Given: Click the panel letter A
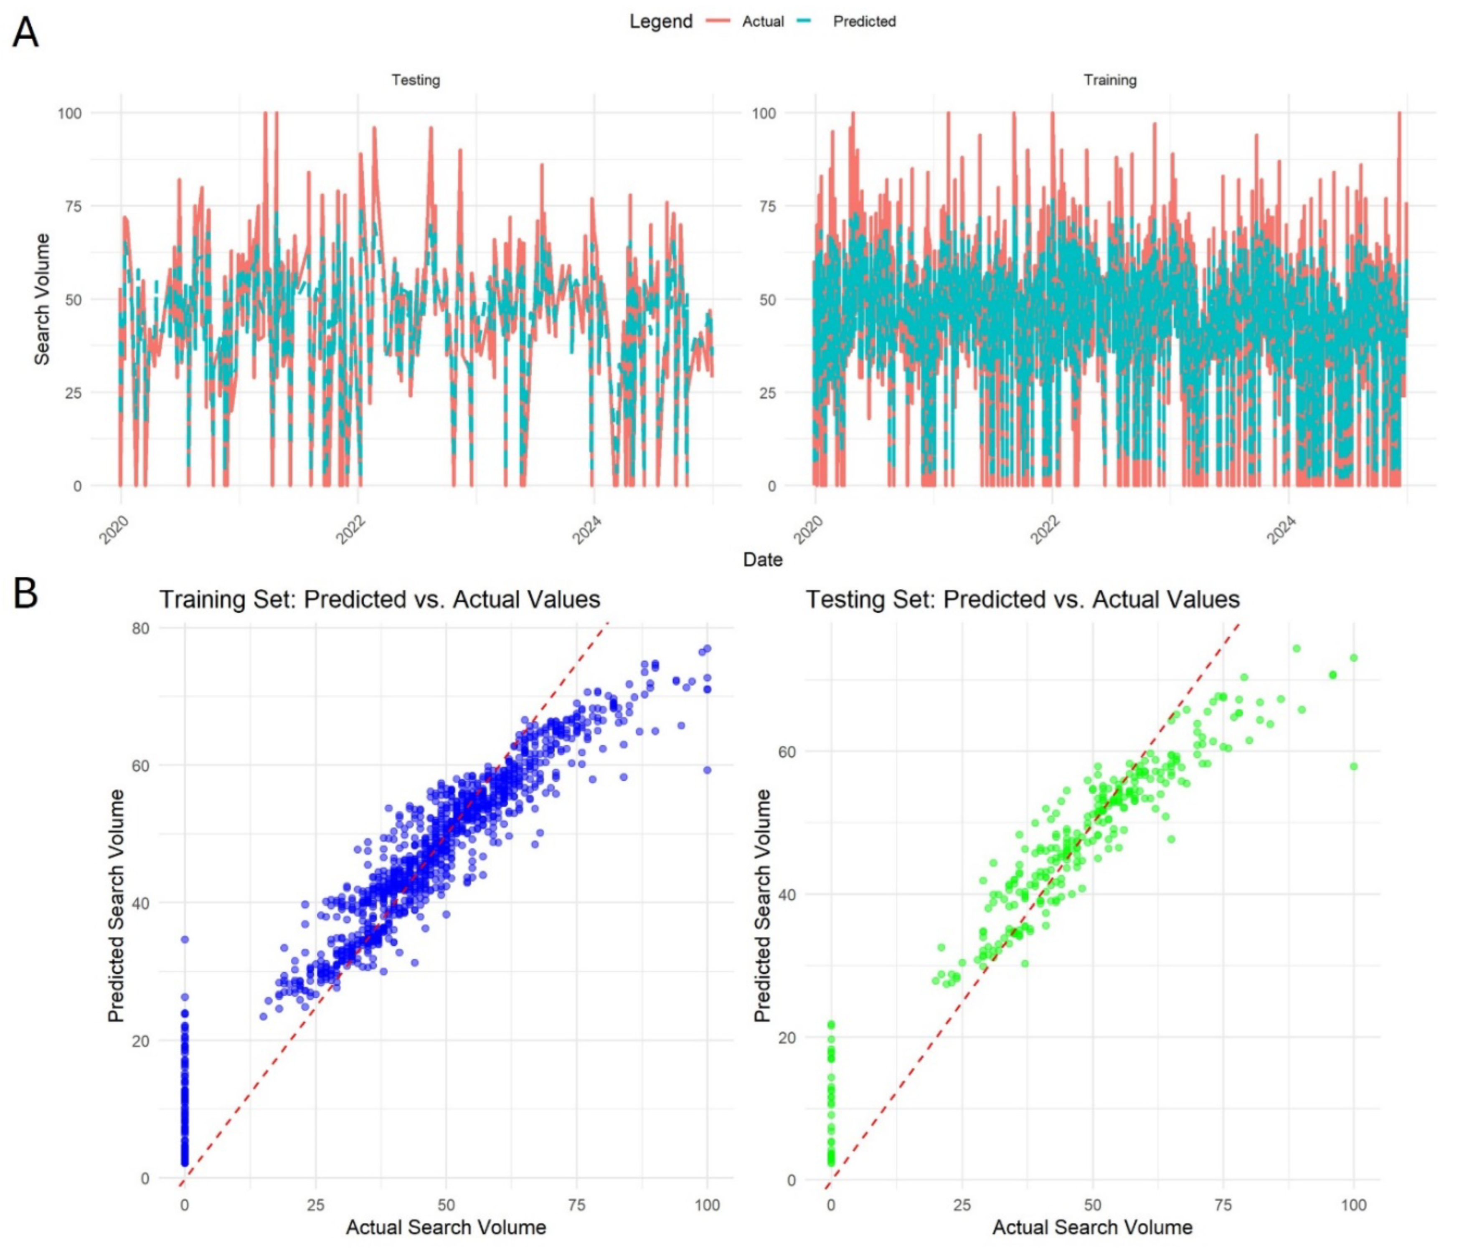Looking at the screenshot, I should coord(25,33).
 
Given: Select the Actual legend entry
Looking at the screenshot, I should coord(762,22).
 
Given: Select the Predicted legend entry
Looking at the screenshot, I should coord(864,22).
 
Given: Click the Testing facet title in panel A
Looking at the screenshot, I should coord(416,80).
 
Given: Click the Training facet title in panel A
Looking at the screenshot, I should coord(1110,80).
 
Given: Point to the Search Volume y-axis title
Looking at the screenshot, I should coord(42,299).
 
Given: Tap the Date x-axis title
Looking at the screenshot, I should coord(763,559).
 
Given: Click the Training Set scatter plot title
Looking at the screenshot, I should coord(380,599).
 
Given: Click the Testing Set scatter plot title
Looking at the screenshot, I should coord(1023,599).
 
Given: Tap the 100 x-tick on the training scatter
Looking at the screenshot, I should coord(707,1205).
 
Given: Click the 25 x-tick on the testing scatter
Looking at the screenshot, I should coord(962,1205).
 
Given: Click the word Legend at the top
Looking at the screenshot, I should coord(660,22).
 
